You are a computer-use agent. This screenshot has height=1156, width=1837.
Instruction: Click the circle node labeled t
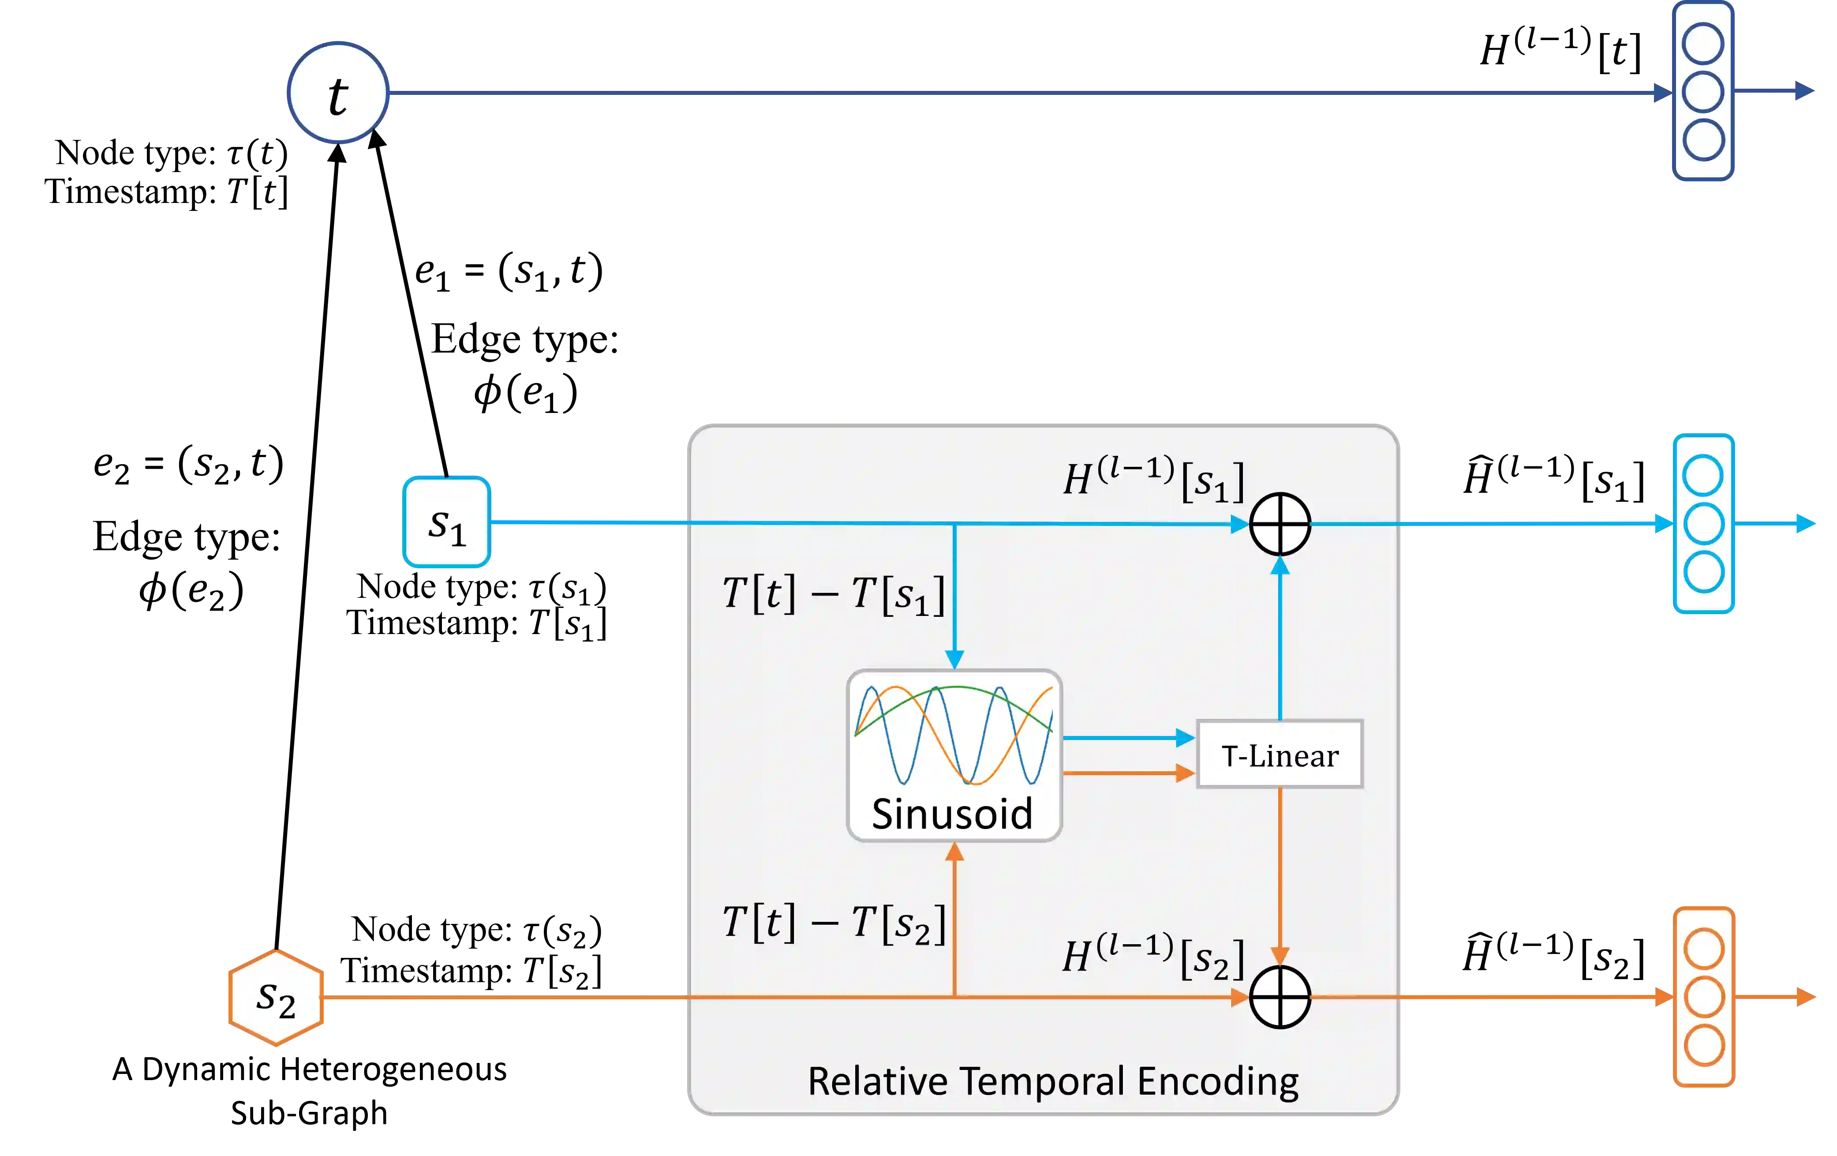pyautogui.click(x=338, y=92)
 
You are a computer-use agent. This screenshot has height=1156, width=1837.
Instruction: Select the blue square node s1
pyautogui.click(x=446, y=522)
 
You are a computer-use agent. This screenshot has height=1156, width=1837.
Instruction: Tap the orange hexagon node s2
pyautogui.click(x=275, y=997)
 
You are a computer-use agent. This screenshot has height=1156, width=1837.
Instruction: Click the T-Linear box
pyautogui.click(x=1280, y=754)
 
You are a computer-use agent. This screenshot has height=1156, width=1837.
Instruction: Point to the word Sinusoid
pyautogui.click(x=952, y=814)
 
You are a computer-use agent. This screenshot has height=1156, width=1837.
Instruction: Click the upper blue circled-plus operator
pyautogui.click(x=1280, y=524)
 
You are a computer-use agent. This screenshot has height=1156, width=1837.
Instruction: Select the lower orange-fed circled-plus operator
pyautogui.click(x=1280, y=997)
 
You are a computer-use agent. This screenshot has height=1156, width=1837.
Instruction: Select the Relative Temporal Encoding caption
pyautogui.click(x=1053, y=1081)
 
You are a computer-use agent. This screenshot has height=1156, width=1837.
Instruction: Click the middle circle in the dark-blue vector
pyautogui.click(x=1703, y=92)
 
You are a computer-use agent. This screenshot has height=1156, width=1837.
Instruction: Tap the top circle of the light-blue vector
pyautogui.click(x=1703, y=475)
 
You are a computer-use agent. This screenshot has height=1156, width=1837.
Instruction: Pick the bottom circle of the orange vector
pyautogui.click(x=1703, y=1045)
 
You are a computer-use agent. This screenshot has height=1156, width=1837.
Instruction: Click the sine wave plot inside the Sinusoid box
pyautogui.click(x=954, y=734)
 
